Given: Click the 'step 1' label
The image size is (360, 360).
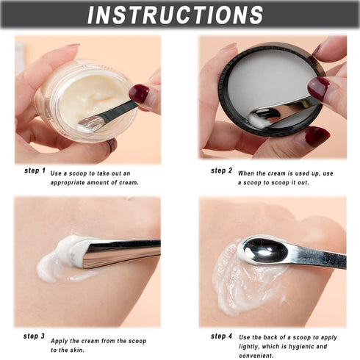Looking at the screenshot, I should (35, 170).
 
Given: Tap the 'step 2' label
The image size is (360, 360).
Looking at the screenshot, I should (222, 170).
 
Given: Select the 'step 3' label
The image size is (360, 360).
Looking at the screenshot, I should (35, 336).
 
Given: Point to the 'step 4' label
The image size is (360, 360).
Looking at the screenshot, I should (222, 336).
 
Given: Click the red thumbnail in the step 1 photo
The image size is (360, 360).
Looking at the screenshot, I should (138, 93).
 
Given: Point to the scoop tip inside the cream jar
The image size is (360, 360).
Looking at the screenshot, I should (91, 123).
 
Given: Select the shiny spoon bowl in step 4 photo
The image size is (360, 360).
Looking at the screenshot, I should (263, 250).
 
